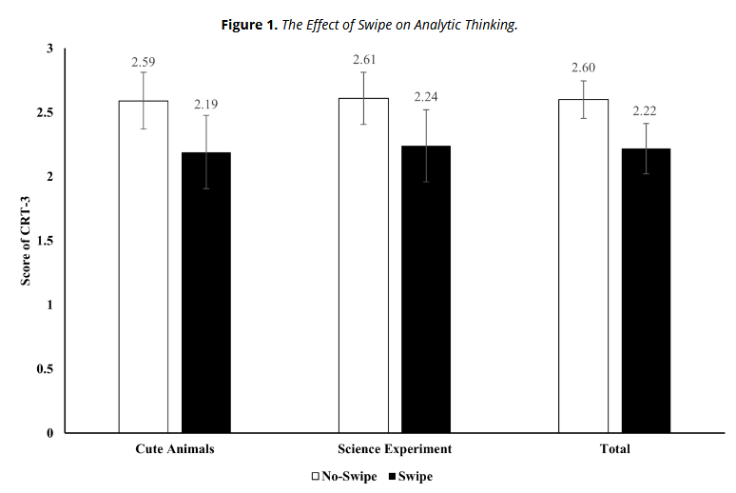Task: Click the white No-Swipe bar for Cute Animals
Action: [144, 266]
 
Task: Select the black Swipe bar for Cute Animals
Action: [206, 292]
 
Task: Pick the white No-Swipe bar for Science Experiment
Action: [363, 266]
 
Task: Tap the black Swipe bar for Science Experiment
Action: [426, 289]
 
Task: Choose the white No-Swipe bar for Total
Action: [583, 266]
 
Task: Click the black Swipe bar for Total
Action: [646, 290]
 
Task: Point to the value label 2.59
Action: [144, 63]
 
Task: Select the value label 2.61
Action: [363, 61]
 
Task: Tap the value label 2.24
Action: [426, 97]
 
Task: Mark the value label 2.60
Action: [583, 69]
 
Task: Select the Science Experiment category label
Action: [395, 448]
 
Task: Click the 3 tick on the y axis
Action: [48, 49]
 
